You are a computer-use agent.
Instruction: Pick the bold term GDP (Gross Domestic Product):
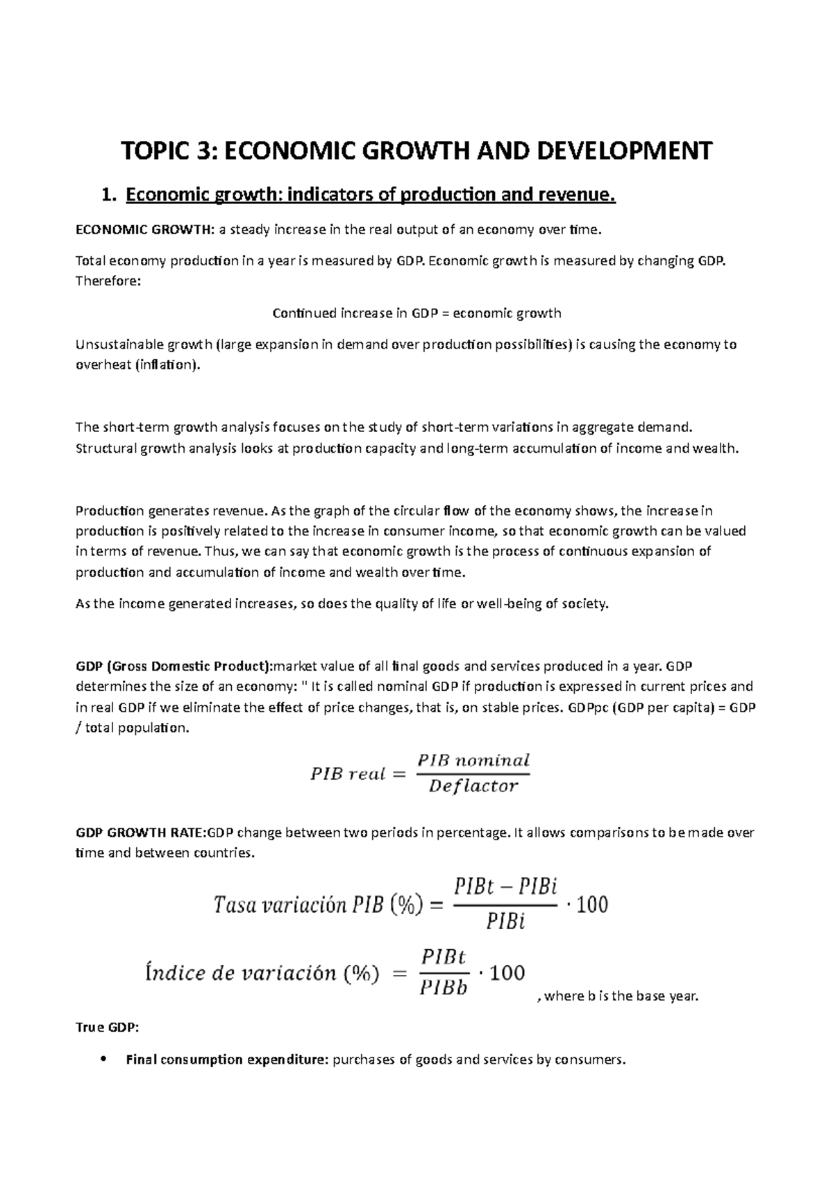click(174, 667)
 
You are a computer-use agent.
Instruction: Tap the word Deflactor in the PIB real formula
click(473, 786)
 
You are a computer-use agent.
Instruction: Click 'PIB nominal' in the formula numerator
click(473, 760)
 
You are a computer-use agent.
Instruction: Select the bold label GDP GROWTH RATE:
click(141, 833)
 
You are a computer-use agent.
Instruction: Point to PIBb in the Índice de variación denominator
click(444, 987)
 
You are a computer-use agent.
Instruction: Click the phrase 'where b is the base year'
click(621, 996)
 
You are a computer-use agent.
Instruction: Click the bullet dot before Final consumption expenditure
click(103, 1060)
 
